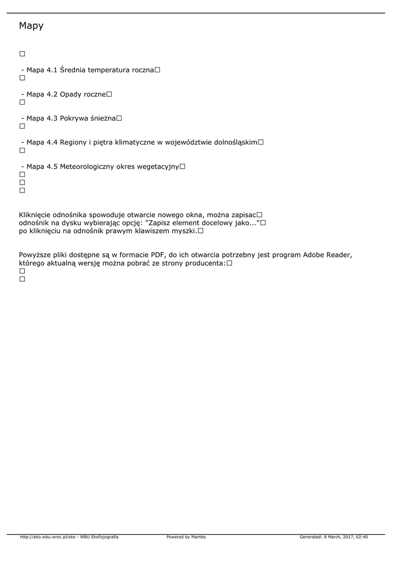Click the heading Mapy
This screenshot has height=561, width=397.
[31, 26]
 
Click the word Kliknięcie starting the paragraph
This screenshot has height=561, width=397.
[34, 215]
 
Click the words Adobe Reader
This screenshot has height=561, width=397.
[329, 255]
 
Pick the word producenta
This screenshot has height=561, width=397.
[206, 263]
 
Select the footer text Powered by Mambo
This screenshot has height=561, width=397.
[186, 537]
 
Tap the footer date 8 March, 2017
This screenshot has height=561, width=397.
[339, 537]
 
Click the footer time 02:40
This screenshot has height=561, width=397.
[362, 537]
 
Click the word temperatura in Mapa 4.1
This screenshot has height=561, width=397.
[109, 70]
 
